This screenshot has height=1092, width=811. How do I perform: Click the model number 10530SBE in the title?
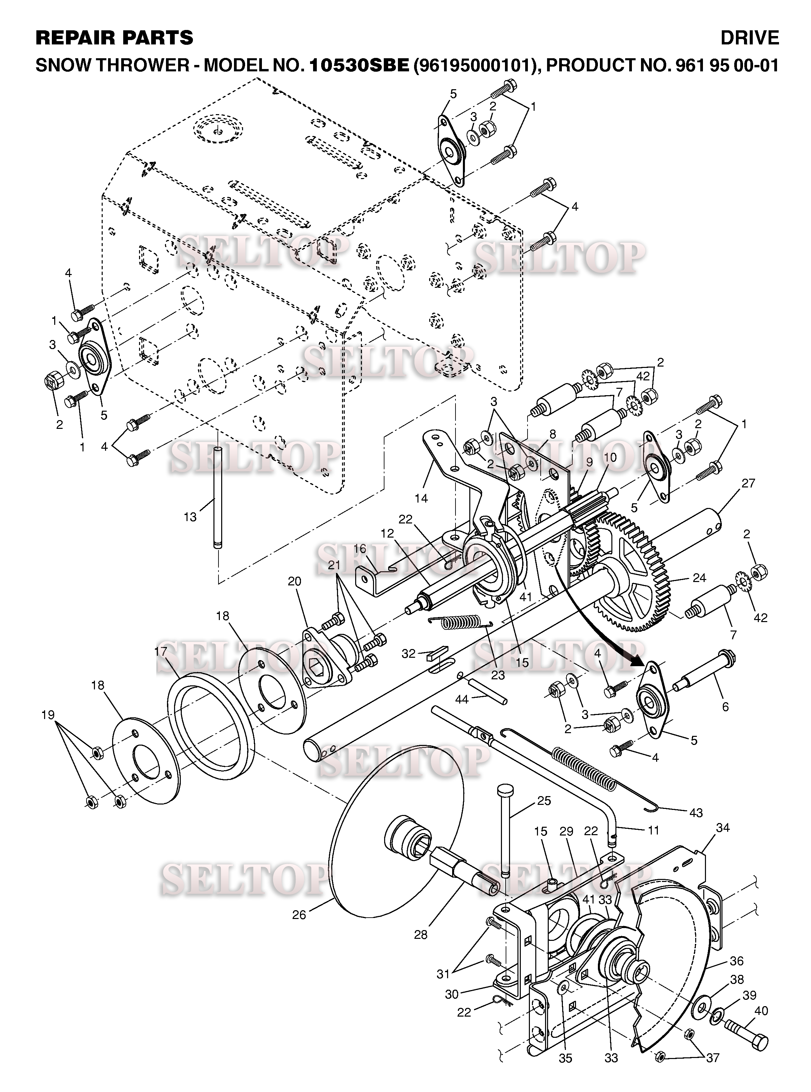pyautogui.click(x=359, y=66)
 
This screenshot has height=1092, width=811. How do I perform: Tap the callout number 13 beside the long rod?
pyautogui.click(x=190, y=517)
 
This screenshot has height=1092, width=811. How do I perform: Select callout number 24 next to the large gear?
pyautogui.click(x=699, y=578)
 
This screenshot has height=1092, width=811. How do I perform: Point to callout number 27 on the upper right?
pyautogui.click(x=748, y=483)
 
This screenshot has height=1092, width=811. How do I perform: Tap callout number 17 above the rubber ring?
pyautogui.click(x=161, y=652)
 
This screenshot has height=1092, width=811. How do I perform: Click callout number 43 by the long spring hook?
pyautogui.click(x=696, y=813)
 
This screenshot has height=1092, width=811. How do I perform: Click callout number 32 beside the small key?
pyautogui.click(x=408, y=653)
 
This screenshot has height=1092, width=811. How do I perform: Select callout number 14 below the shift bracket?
pyautogui.click(x=421, y=498)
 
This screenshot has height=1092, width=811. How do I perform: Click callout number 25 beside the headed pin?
pyautogui.click(x=544, y=800)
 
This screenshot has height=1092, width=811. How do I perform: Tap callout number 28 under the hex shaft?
pyautogui.click(x=421, y=935)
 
